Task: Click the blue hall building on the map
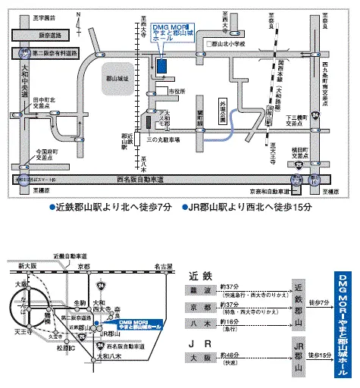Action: [x=163, y=65]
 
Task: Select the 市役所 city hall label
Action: [x=176, y=91]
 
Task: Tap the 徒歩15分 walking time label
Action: [x=321, y=355]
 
